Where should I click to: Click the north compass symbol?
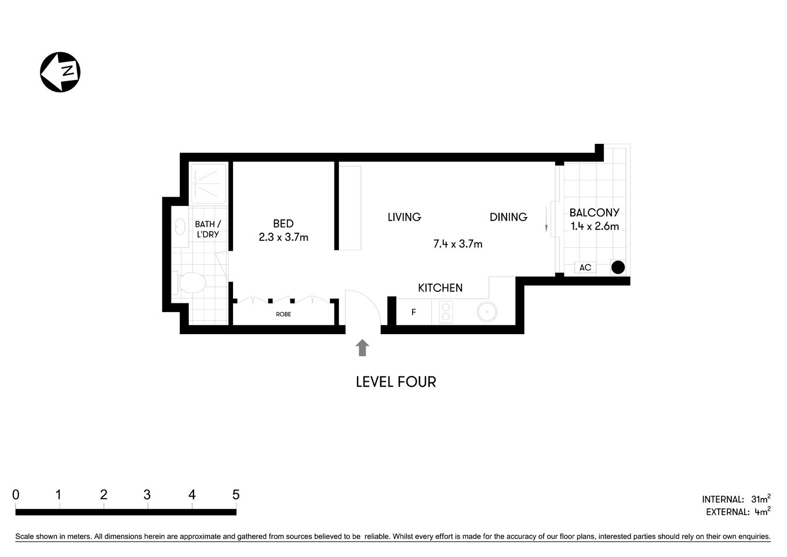[60, 72]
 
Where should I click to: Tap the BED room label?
[283, 223]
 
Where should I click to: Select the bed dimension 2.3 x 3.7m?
[283, 237]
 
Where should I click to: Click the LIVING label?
[404, 217]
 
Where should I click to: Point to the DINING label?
[508, 217]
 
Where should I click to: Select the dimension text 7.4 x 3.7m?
[458, 244]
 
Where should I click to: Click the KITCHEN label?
[440, 288]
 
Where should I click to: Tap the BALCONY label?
[594, 213]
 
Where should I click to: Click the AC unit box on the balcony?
[585, 267]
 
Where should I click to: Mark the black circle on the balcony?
[618, 267]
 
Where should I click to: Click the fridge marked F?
[414, 312]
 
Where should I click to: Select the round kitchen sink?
[487, 313]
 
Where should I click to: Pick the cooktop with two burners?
[446, 313]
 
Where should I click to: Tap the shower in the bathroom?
[209, 184]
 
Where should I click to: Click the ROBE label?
[283, 314]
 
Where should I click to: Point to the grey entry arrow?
[362, 348]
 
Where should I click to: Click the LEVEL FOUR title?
[396, 382]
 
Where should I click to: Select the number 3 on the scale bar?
[147, 495]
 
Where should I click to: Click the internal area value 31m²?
[760, 499]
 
